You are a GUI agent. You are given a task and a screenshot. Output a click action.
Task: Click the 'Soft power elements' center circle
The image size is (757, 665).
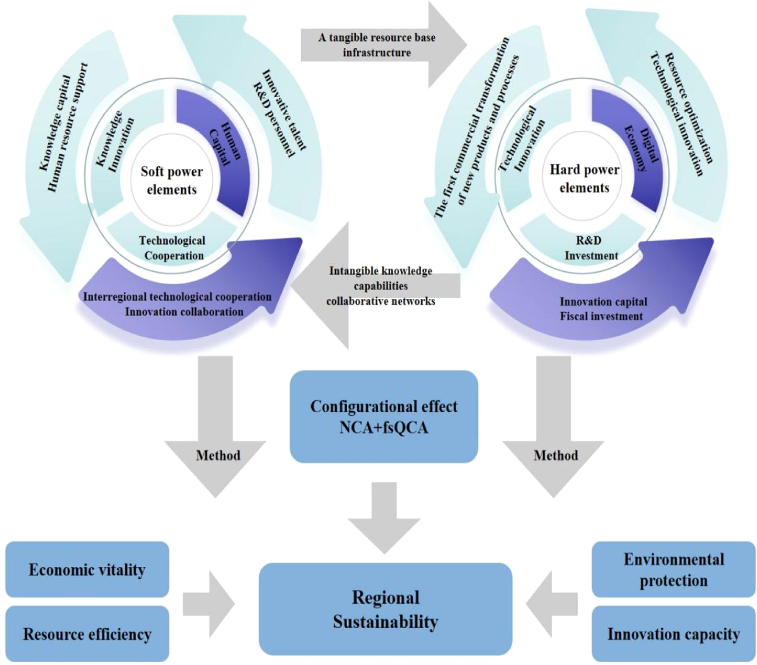[172, 181]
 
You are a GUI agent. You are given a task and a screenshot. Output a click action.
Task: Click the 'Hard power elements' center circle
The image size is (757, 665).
[584, 179]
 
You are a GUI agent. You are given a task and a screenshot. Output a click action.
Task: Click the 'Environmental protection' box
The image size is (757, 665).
[673, 570]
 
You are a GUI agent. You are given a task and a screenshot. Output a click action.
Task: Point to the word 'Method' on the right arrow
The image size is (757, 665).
[555, 455]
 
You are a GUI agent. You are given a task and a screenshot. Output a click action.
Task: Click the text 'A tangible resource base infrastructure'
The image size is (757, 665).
[377, 45]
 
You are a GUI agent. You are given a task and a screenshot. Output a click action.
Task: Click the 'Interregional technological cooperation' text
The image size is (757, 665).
[177, 297]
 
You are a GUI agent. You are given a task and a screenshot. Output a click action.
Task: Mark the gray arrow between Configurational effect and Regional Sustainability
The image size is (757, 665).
[384, 518]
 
